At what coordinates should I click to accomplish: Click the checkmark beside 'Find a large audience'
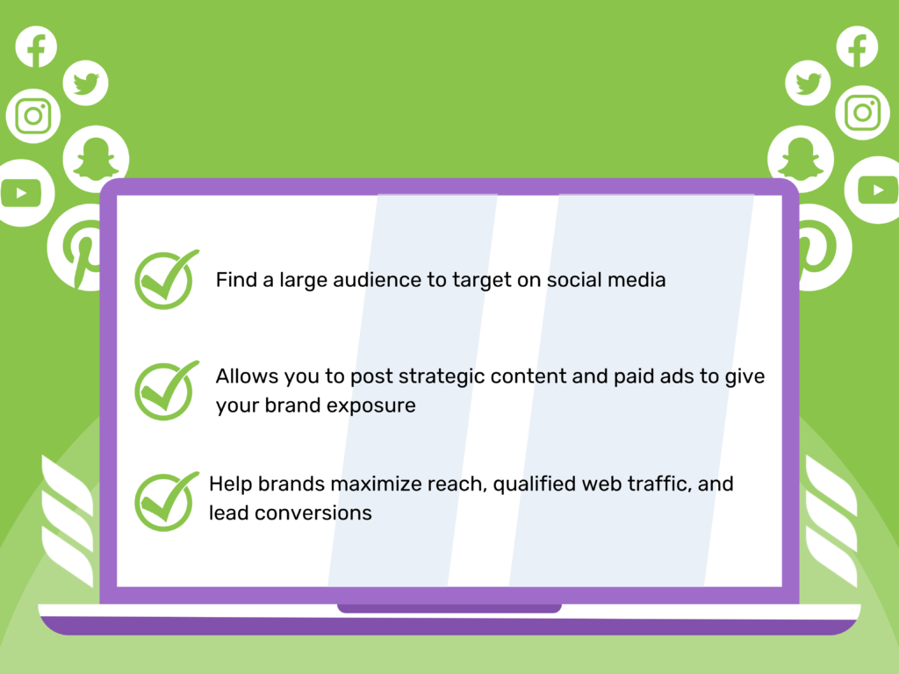pyautogui.click(x=164, y=279)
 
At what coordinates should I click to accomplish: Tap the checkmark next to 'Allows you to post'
pyautogui.click(x=164, y=391)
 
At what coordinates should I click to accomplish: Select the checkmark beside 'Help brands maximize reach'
pyautogui.click(x=164, y=501)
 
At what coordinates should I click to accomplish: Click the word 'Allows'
pyautogui.click(x=248, y=376)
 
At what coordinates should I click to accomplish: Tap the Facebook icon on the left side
pyautogui.click(x=36, y=47)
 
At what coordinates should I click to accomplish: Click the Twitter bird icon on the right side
pyautogui.click(x=809, y=83)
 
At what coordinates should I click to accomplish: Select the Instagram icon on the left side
pyautogui.click(x=33, y=116)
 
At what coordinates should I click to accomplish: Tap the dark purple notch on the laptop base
pyautogui.click(x=449, y=608)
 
